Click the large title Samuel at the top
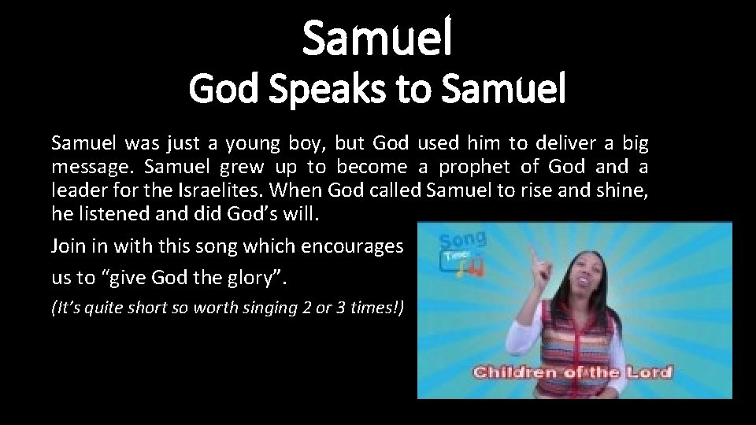(378, 40)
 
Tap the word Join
(67, 246)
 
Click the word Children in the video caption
(521, 371)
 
